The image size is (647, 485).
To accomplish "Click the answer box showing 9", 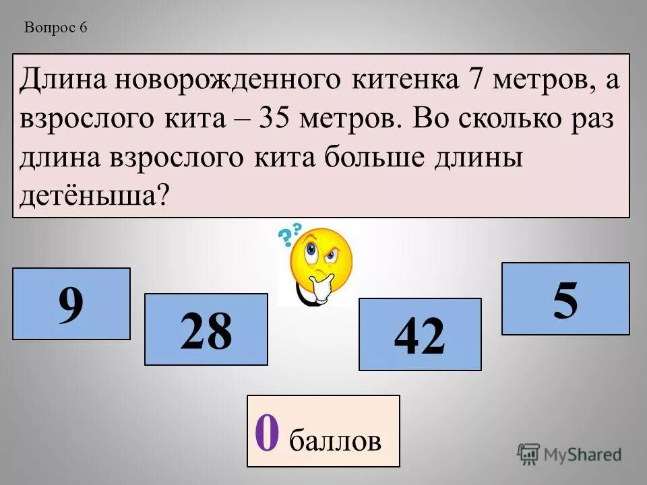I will [71, 303].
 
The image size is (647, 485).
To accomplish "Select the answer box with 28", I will [206, 329].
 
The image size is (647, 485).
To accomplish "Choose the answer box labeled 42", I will [419, 335].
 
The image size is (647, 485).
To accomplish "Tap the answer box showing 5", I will [565, 298].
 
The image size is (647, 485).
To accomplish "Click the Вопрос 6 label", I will [56, 28].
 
